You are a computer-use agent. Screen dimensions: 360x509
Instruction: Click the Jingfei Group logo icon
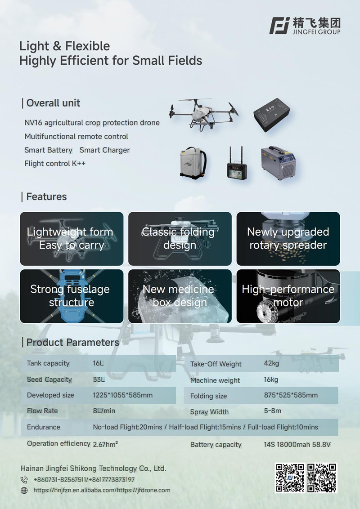[x=279, y=26]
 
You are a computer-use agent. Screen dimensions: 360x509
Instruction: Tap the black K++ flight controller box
[x=272, y=115]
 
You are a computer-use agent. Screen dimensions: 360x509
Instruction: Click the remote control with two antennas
[x=237, y=163]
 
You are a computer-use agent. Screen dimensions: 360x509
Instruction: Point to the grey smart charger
[x=279, y=163]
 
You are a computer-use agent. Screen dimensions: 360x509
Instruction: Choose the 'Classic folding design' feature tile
[x=180, y=239]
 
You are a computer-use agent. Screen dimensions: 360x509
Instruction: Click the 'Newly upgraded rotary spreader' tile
[x=288, y=239]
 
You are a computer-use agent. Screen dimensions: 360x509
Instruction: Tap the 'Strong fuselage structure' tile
[x=72, y=296]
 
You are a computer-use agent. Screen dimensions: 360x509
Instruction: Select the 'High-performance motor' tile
[x=288, y=296]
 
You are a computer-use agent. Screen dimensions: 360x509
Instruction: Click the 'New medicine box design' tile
[x=180, y=296]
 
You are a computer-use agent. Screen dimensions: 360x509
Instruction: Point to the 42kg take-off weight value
[x=272, y=363]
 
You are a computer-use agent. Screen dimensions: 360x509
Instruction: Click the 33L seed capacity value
[x=99, y=380]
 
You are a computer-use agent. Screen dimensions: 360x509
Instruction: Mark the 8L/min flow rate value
[x=104, y=411]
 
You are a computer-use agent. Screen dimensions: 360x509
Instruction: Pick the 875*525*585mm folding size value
[x=291, y=395]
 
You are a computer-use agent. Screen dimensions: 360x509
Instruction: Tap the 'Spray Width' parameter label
[x=210, y=412]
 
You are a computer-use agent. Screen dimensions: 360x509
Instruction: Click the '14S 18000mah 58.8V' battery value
[x=297, y=444]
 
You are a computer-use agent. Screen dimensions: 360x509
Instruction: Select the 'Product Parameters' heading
[x=73, y=343]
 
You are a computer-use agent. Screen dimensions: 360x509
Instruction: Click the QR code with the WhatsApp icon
[x=322, y=478]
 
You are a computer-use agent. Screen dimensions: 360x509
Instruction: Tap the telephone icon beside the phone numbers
[x=24, y=480]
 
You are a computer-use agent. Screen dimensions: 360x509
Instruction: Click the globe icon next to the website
[x=24, y=491]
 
